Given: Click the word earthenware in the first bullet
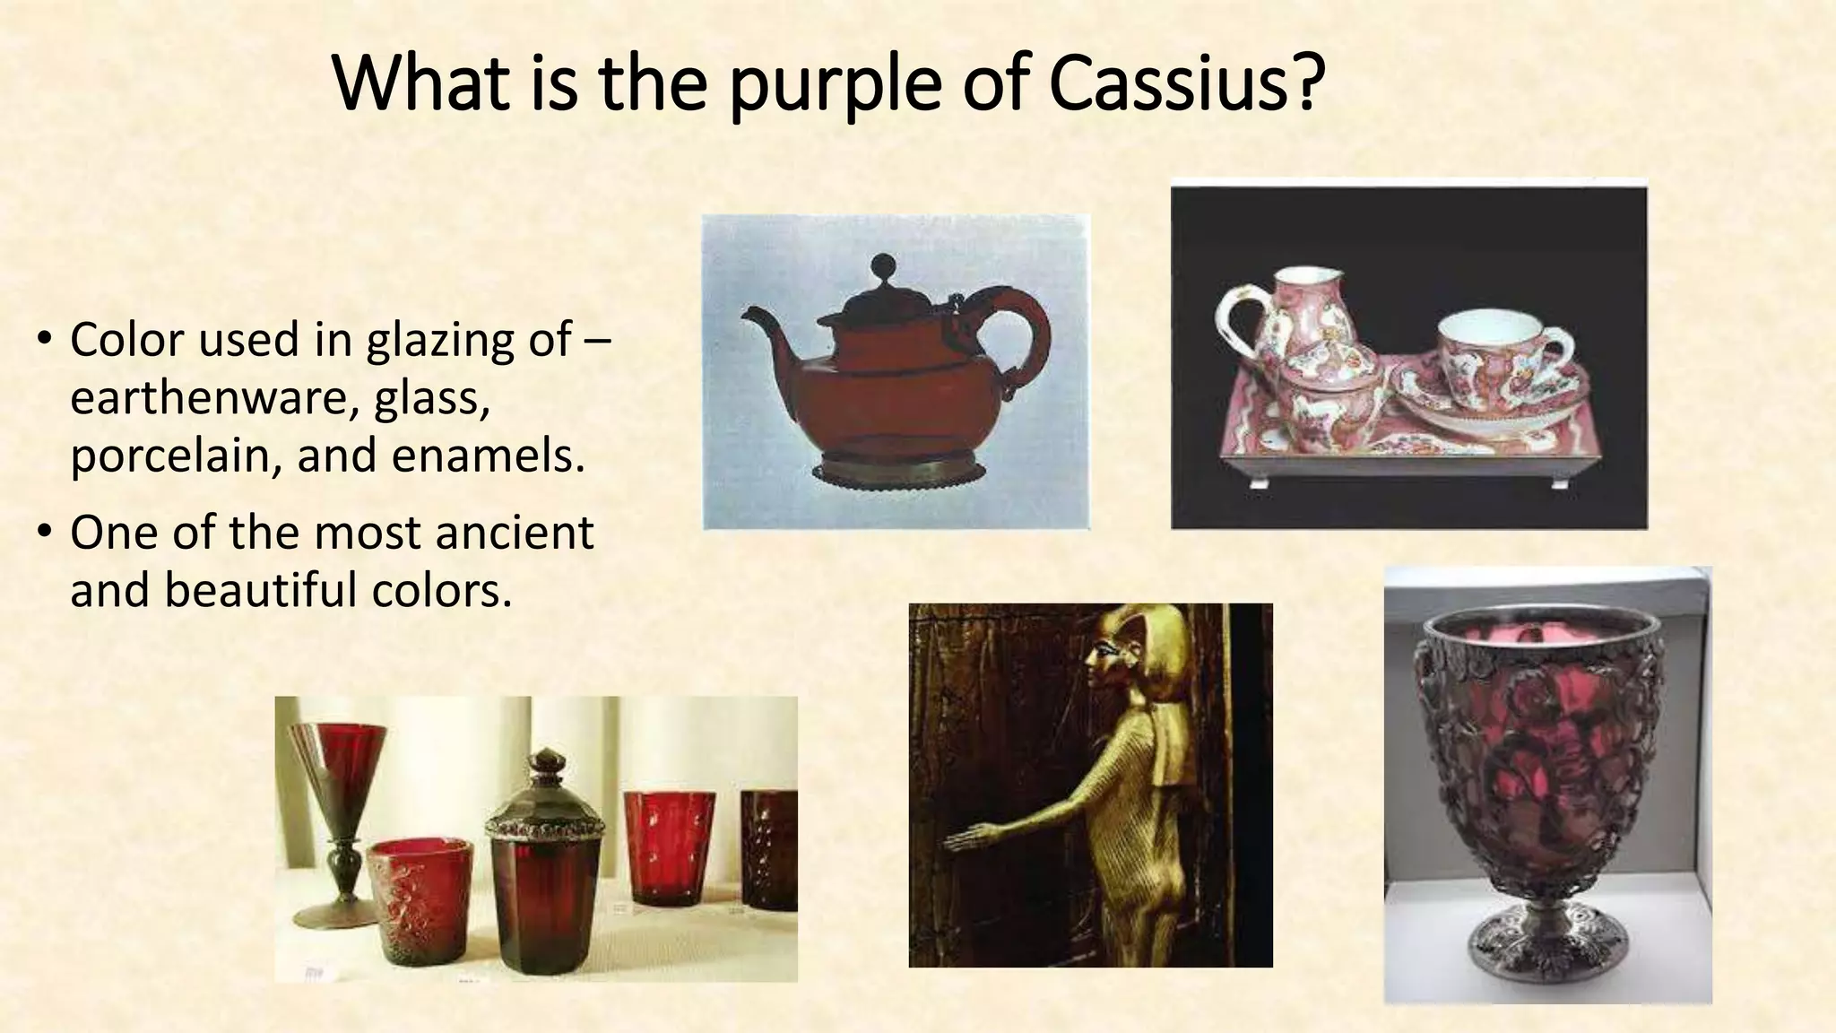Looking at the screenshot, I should [x=208, y=398].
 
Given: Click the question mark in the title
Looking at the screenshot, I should [x=1308, y=82].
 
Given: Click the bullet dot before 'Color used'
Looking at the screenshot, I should [x=43, y=341].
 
